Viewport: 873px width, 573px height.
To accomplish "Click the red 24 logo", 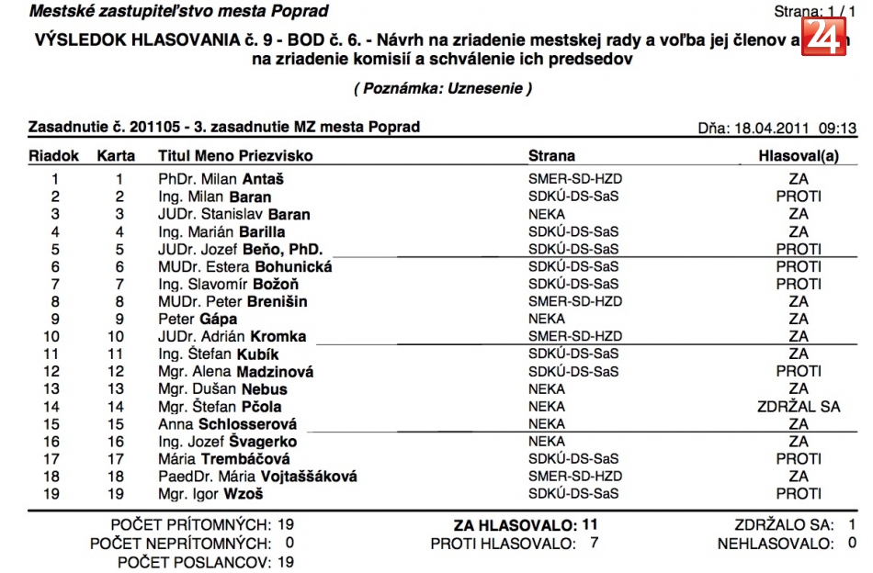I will click(823, 36).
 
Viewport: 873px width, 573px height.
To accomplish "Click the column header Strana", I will click(551, 156).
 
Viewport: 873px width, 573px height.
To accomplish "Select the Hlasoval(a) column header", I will click(798, 156).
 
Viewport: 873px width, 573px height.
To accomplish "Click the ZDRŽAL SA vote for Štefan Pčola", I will click(798, 407).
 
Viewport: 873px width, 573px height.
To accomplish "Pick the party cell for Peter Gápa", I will click(547, 319).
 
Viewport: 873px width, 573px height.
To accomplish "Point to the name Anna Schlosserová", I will click(228, 424).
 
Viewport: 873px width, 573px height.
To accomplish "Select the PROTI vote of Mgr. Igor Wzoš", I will click(798, 494).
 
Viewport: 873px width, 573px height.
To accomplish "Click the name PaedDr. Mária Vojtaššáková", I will click(257, 477).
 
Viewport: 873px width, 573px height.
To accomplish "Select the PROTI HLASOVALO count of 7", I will click(594, 544).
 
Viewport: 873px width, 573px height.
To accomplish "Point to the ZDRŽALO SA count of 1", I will click(852, 525).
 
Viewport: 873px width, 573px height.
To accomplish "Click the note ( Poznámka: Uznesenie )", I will click(442, 88).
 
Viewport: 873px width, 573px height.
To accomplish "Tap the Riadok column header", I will click(54, 156).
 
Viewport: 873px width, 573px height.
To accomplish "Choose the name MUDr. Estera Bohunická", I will click(244, 266).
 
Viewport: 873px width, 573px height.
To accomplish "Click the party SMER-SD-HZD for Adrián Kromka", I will click(574, 336).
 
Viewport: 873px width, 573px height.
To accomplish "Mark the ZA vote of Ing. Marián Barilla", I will click(798, 231).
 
